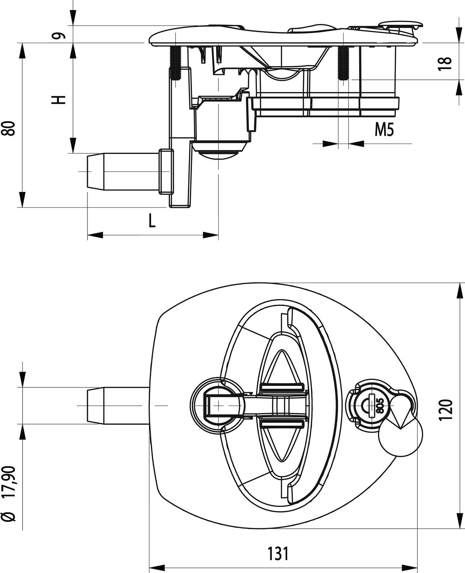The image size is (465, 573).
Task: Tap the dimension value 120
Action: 446,410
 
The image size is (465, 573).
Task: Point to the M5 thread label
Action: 384,130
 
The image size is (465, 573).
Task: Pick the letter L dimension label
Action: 152,220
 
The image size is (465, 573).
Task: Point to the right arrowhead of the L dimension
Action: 210,235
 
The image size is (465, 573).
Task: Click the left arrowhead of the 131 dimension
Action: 157,567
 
